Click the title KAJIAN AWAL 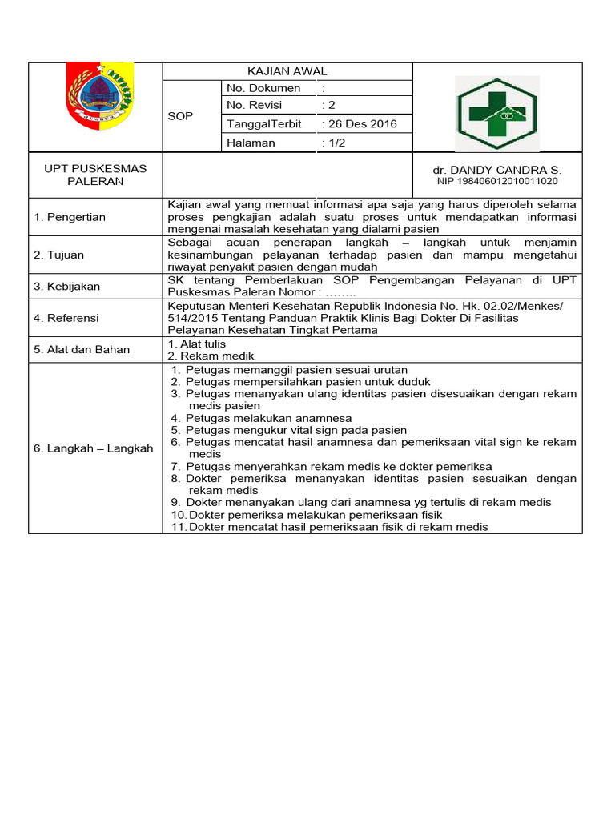click(x=287, y=71)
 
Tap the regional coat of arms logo click(x=99, y=95)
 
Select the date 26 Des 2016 click(x=359, y=124)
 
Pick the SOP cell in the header click(x=180, y=116)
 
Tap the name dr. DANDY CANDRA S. click(x=497, y=171)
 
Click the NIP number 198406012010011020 click(x=497, y=182)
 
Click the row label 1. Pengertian click(x=69, y=217)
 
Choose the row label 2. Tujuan click(x=58, y=255)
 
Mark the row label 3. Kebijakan click(x=67, y=286)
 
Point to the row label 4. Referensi click(x=66, y=318)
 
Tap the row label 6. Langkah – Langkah click(x=93, y=448)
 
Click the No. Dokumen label click(x=263, y=88)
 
